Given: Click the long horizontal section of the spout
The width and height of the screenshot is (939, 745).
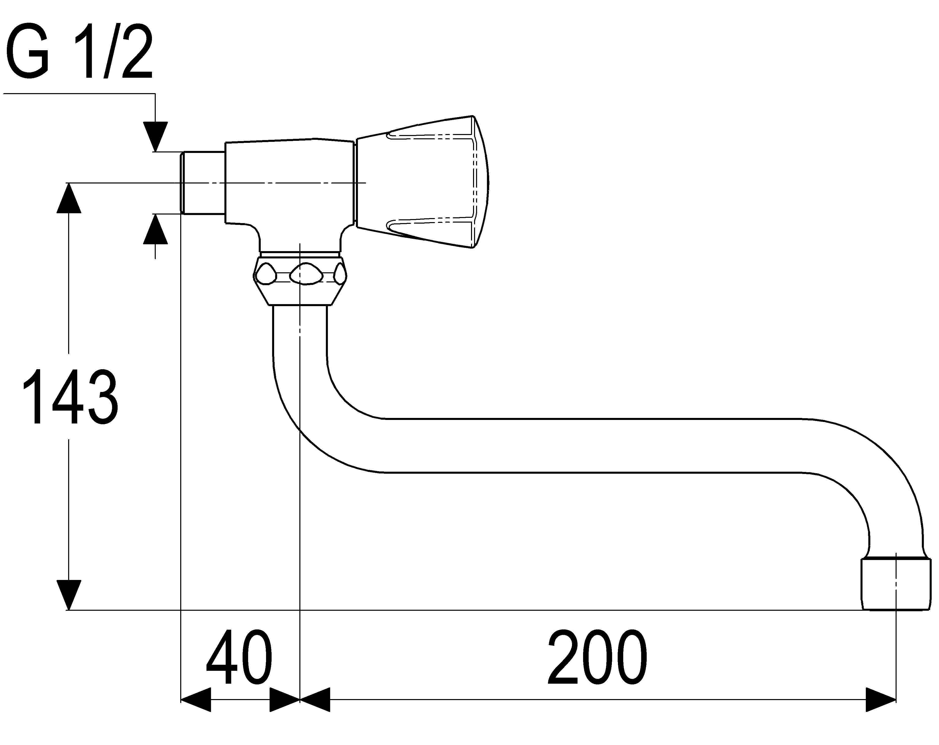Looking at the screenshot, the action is (x=592, y=445).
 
